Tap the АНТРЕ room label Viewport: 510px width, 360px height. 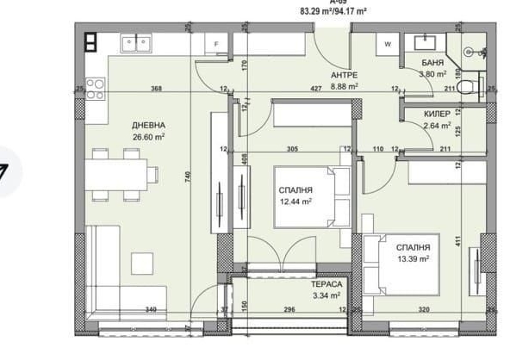tap(344, 75)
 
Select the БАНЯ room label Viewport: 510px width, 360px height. tap(433, 64)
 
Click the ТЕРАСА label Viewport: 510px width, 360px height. tap(327, 283)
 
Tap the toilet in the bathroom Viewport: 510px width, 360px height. tap(464, 85)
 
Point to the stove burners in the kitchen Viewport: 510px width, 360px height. tap(96, 88)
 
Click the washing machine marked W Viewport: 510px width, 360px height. tap(387, 43)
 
